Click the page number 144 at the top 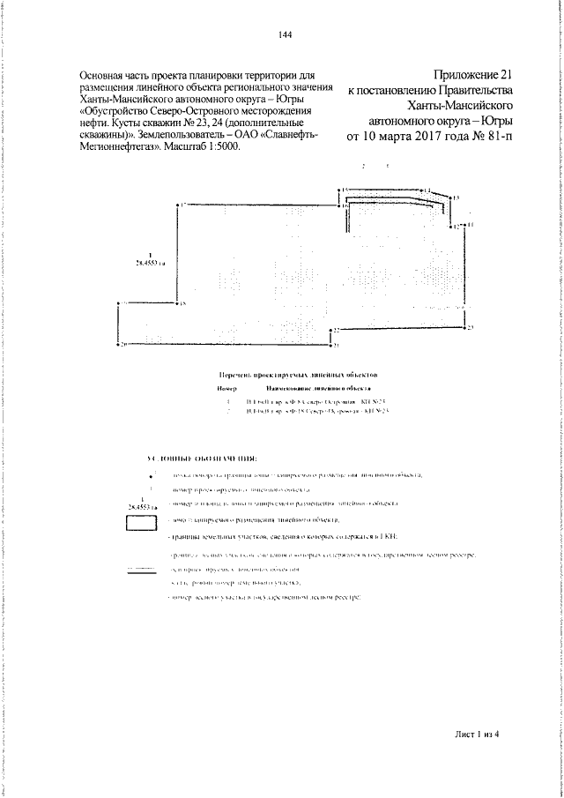coord(284,34)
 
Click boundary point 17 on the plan coord(180,204)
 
